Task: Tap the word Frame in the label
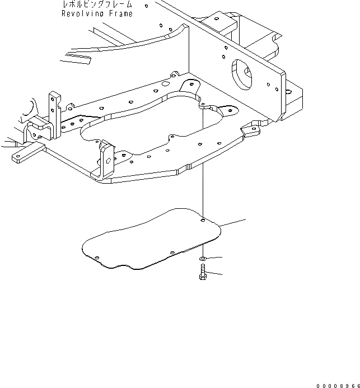120,13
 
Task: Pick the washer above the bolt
202,258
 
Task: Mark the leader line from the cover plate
233,222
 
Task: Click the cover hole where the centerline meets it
203,220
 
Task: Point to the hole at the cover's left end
97,258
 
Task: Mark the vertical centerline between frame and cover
202,190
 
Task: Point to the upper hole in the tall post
53,99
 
